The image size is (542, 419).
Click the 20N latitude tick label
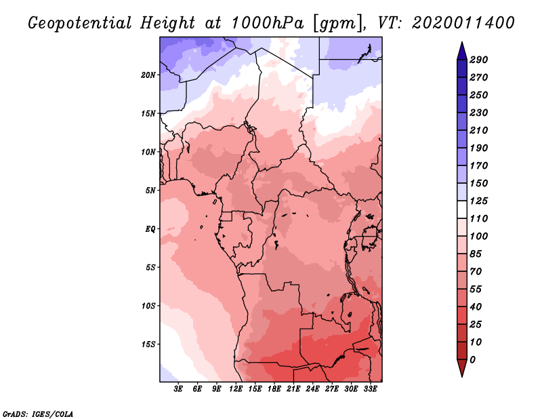click(x=148, y=75)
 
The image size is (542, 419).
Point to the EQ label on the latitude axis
click(x=150, y=228)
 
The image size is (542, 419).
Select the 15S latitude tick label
click(x=148, y=344)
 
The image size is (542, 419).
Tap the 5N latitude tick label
click(x=150, y=191)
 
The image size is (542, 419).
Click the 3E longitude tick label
click(x=179, y=389)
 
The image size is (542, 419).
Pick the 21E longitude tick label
click(x=294, y=389)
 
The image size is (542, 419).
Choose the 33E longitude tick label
click(x=371, y=389)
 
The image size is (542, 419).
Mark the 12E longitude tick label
click(x=236, y=389)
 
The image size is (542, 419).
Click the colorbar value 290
click(x=478, y=60)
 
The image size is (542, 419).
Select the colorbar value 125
click(x=478, y=201)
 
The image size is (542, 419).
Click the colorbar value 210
click(x=478, y=130)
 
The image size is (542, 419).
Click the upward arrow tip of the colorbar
click(x=461, y=43)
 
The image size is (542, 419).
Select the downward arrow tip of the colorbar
click(x=461, y=375)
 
